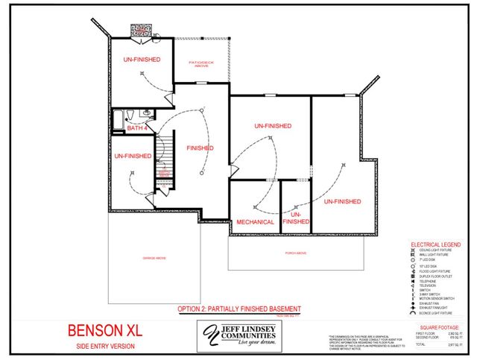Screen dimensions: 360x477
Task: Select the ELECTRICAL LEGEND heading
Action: coord(436,244)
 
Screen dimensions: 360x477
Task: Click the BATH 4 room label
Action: coord(137,128)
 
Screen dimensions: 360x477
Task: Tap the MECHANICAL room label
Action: coord(255,222)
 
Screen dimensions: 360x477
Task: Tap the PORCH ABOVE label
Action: coord(296,253)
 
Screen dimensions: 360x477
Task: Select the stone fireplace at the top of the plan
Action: coord(142,30)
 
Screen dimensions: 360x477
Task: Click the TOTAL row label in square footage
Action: coord(421,345)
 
